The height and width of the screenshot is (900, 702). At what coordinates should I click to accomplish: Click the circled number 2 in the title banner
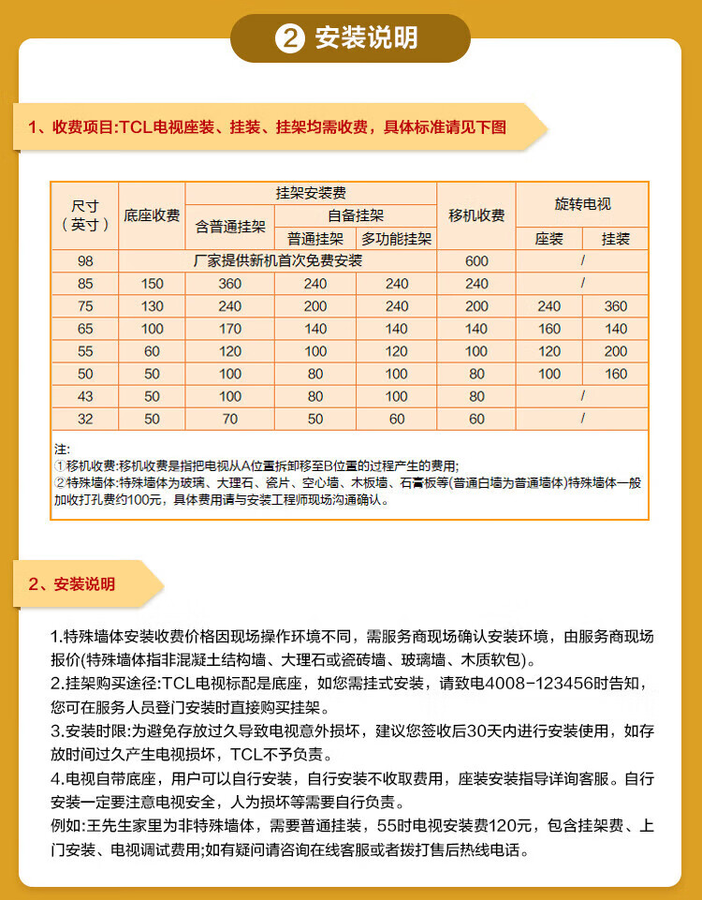pos(289,38)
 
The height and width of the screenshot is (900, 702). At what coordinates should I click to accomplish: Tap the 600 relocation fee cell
pos(476,261)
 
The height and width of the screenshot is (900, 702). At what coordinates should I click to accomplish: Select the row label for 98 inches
pos(86,261)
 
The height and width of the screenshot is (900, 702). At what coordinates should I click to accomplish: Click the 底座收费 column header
pos(152,215)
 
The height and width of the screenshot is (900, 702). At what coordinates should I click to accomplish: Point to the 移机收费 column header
pos(476,215)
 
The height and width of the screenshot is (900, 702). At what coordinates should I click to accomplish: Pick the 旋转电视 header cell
pos(582,203)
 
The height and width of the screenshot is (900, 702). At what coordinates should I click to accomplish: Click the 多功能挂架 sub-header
pos(397,239)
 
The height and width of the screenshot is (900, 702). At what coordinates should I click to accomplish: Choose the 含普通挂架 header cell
pos(230,227)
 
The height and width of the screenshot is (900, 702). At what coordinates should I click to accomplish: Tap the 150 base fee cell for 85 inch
pos(152,284)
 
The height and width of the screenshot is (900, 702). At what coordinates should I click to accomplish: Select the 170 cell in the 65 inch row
pos(230,329)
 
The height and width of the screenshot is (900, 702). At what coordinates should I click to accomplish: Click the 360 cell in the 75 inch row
pos(616,306)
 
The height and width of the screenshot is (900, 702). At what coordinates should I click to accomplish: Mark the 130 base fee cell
pos(152,306)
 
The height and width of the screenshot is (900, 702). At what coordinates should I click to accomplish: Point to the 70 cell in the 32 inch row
pos(230,419)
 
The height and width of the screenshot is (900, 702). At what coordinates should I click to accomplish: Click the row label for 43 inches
pos(86,396)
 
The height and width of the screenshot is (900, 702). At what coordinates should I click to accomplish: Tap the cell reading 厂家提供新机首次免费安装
pos(277,261)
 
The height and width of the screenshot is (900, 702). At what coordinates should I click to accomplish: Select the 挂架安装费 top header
pos(312,193)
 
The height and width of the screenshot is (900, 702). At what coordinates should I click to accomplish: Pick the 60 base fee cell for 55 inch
pos(152,351)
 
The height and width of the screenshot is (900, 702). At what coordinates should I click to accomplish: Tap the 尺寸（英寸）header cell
pos(86,215)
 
